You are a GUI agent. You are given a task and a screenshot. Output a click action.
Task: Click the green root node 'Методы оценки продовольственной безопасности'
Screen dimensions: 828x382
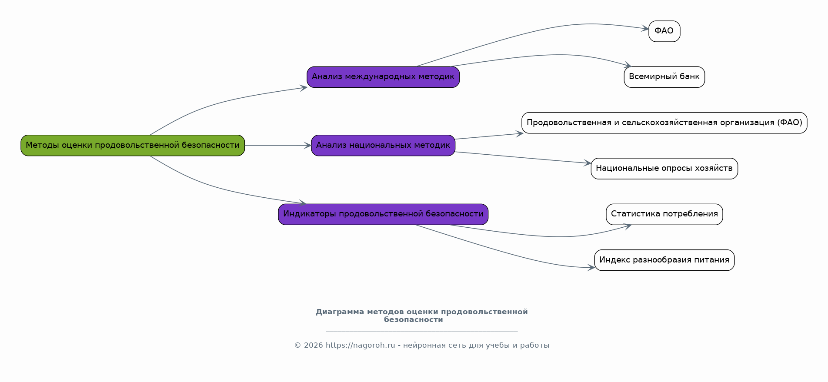(133, 145)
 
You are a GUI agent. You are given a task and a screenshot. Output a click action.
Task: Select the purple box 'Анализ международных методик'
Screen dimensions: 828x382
(383, 77)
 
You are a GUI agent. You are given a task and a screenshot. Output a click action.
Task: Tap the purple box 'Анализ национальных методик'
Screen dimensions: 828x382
(383, 145)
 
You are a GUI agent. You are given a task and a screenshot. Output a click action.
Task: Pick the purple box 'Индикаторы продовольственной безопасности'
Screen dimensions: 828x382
(383, 214)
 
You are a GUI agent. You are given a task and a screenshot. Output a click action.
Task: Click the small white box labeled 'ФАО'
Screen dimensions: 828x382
(664, 31)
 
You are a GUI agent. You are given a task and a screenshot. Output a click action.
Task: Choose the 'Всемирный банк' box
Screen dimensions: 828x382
(664, 77)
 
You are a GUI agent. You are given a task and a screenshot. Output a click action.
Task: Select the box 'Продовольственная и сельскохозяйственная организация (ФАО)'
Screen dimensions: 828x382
(664, 123)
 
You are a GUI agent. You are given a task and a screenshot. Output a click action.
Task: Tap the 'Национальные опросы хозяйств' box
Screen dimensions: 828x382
(664, 169)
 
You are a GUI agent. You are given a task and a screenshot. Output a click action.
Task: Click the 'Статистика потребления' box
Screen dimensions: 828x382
(664, 214)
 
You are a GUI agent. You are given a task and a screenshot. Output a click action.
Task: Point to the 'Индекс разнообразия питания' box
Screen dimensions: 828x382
(664, 260)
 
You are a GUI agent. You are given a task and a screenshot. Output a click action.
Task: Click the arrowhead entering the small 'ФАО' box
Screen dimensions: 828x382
(645, 29)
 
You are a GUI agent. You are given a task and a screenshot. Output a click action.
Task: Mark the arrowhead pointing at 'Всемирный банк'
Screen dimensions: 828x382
(628, 65)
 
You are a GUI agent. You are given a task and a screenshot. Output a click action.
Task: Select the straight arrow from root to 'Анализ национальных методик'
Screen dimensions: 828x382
(278, 145)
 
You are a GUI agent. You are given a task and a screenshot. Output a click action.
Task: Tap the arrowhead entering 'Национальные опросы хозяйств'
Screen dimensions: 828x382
(587, 163)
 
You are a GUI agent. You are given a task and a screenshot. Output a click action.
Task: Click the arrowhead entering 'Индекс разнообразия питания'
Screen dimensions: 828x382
(591, 268)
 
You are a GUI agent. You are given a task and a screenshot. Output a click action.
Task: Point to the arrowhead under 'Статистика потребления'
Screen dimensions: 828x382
(628, 226)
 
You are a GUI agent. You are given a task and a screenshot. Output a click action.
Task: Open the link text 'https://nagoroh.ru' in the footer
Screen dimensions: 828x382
(361, 345)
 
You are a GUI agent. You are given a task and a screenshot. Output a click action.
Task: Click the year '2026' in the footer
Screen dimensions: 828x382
(314, 345)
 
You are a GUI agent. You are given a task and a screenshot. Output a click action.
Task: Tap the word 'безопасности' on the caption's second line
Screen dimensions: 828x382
(414, 320)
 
